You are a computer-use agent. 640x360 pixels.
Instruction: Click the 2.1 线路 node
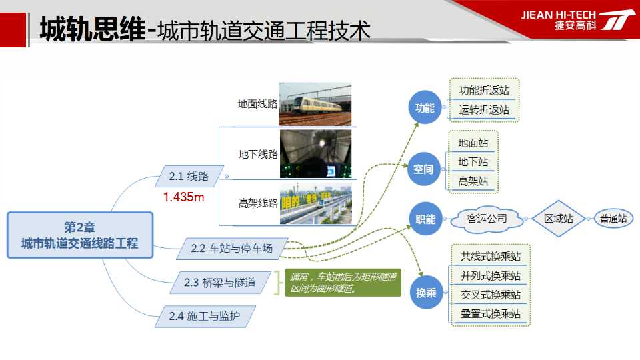tap(189, 176)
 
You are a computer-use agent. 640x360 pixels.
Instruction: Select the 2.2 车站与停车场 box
tap(232, 248)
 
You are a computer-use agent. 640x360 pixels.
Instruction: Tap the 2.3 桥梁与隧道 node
tap(220, 283)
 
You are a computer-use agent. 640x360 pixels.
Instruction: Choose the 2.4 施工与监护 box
tap(205, 316)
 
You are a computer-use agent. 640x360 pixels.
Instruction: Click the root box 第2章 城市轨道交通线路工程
tap(80, 235)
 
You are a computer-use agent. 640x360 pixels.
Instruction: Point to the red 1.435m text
tap(184, 197)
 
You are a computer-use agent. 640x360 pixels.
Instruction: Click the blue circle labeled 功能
tap(425, 107)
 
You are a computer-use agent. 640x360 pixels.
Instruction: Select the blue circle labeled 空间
tap(424, 169)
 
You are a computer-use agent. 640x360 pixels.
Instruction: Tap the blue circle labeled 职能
tap(426, 219)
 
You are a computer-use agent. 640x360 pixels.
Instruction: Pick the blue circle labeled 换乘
tap(426, 292)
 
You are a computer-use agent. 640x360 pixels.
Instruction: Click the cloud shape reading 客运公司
tap(487, 219)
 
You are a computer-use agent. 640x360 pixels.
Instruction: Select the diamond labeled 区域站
tap(559, 219)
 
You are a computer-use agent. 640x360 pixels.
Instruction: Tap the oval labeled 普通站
tap(613, 219)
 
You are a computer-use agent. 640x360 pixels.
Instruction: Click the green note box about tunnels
tap(343, 283)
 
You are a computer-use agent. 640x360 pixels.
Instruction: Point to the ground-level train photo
tap(315, 104)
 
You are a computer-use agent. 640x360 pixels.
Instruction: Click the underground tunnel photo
tap(315, 154)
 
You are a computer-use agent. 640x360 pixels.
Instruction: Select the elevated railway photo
tap(315, 203)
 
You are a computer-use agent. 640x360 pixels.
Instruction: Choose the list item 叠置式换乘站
tap(490, 313)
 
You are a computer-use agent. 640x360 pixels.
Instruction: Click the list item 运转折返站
tap(484, 109)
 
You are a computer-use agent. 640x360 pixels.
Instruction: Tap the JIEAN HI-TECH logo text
tap(559, 15)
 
